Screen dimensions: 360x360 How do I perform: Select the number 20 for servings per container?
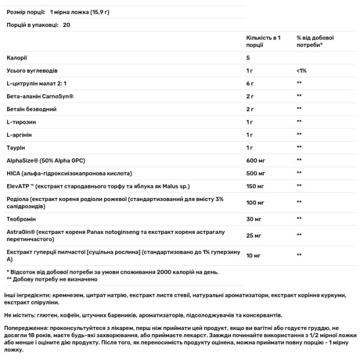(66, 25)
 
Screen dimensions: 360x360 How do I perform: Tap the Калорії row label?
(17, 59)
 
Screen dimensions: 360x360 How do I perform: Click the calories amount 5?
(248, 59)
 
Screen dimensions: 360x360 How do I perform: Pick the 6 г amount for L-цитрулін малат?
(250, 84)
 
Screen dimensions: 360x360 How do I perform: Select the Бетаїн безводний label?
(32, 109)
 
